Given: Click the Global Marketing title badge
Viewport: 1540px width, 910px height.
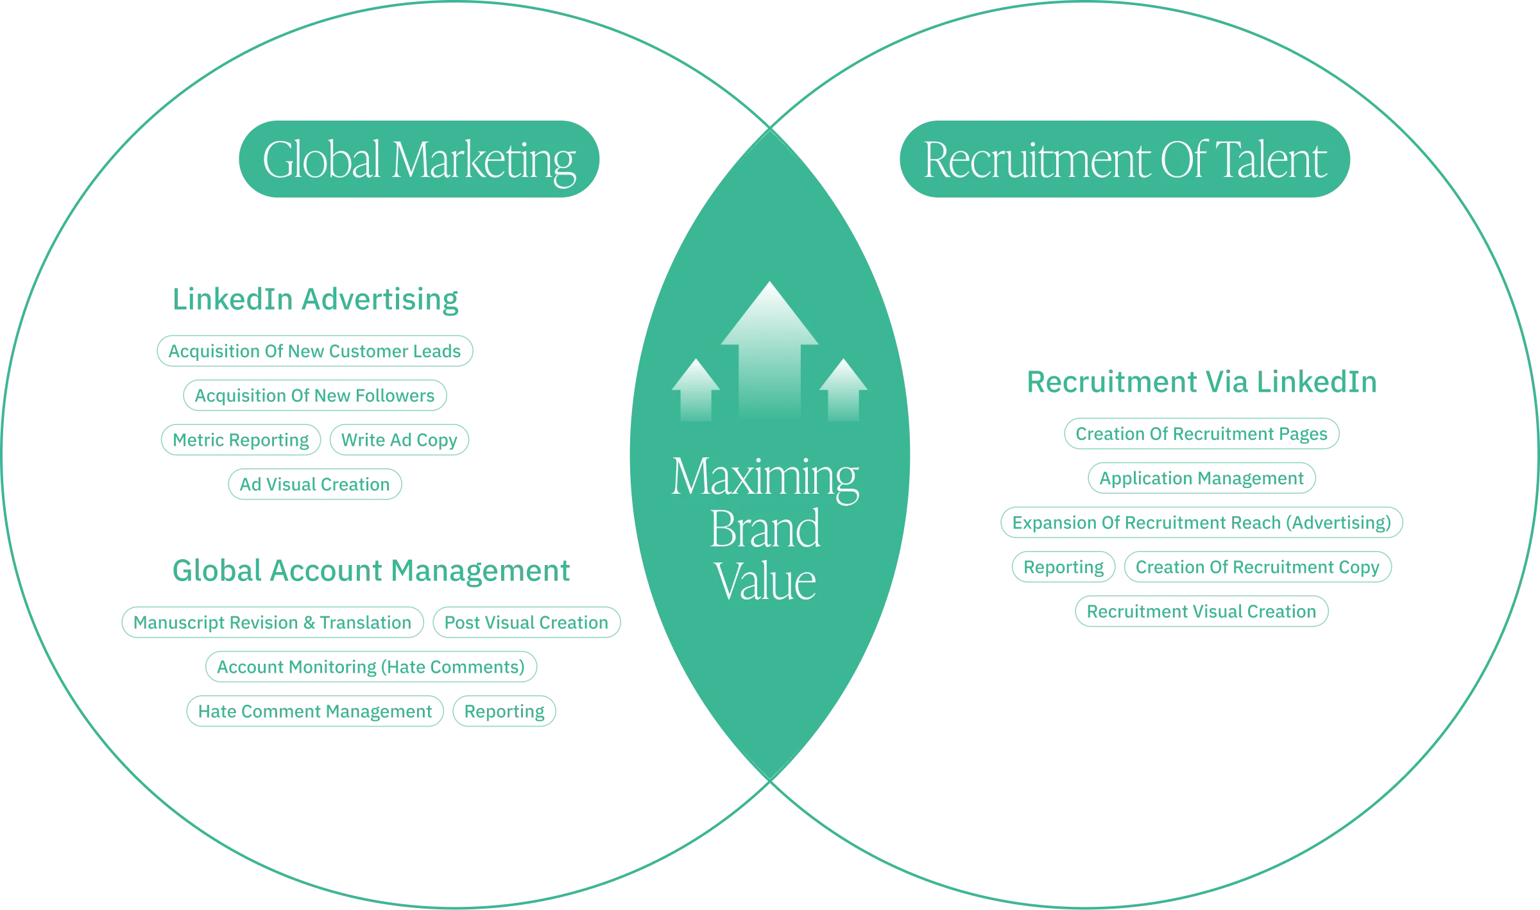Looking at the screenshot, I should [418, 159].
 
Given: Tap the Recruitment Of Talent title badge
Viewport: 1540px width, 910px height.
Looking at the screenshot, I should [1124, 159].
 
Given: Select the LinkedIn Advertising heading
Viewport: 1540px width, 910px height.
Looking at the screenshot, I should [317, 299].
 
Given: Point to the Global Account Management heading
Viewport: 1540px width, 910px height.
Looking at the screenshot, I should [370, 571].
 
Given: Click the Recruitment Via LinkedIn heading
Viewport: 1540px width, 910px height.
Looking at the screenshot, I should [1201, 383].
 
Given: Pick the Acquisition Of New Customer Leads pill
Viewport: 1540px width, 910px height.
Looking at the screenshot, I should [314, 351].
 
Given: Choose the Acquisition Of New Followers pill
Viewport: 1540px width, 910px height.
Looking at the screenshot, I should [314, 396].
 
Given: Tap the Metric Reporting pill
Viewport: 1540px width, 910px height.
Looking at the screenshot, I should [239, 440].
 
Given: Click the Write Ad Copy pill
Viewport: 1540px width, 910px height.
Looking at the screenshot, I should [400, 440].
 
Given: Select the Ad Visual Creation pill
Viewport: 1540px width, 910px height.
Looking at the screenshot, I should [315, 484].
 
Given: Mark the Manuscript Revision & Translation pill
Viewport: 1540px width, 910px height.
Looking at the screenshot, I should [272, 623].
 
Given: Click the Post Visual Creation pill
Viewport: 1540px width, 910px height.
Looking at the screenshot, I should [527, 623].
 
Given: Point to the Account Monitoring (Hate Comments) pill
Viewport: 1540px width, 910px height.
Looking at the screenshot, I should [371, 667].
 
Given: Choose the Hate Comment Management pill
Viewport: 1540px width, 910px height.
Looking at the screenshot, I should [315, 711].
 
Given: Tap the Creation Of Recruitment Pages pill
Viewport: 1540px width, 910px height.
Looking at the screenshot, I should [1201, 434].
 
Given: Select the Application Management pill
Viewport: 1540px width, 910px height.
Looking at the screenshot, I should [1202, 478].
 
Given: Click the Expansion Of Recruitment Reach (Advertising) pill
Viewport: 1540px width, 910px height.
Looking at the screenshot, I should [1201, 523].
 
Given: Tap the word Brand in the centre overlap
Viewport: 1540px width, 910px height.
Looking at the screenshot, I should [766, 529].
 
